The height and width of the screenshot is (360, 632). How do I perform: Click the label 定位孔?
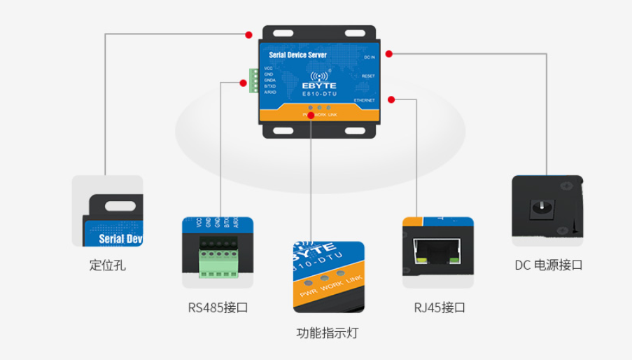point(108,265)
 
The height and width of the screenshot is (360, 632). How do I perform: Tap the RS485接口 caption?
point(218,307)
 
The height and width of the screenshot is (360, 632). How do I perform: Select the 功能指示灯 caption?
point(327,333)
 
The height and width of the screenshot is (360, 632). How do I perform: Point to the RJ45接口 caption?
point(440,307)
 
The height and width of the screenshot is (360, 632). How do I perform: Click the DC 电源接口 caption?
point(549,265)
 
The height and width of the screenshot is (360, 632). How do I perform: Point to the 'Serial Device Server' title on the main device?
point(297,54)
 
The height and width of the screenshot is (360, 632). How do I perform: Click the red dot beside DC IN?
point(389,53)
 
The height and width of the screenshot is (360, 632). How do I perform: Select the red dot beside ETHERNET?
point(391,100)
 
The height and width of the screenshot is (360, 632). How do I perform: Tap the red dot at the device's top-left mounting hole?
point(248,34)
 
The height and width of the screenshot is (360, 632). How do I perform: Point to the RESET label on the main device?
point(368,76)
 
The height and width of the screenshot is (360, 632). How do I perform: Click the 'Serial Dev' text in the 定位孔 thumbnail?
point(120,238)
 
